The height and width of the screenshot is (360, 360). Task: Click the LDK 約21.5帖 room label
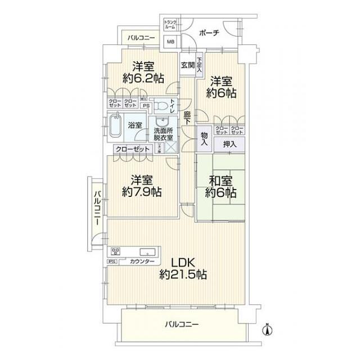[x=183, y=269]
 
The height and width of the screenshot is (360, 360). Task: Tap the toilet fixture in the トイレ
[x=161, y=105]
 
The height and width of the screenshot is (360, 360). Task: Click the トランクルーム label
[x=170, y=25]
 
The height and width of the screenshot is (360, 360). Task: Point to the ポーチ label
[x=208, y=33]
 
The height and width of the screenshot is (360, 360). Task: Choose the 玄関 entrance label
[x=187, y=65]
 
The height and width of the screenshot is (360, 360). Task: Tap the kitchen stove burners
[x=117, y=251]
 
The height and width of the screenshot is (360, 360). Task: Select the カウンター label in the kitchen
[x=142, y=262]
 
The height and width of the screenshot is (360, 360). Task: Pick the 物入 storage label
[x=204, y=139]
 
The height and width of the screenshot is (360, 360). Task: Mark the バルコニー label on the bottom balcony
[x=182, y=325]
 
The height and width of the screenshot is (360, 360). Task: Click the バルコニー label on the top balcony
[x=141, y=38]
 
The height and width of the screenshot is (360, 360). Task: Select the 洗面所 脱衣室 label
[x=164, y=134]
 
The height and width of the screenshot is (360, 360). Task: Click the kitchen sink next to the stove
[x=147, y=251]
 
